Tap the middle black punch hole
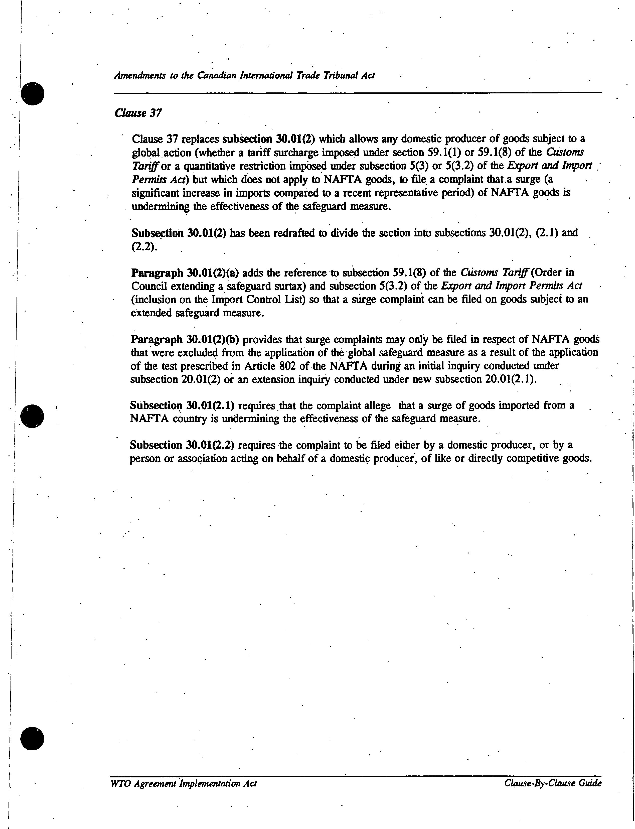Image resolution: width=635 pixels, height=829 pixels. coord(33,416)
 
